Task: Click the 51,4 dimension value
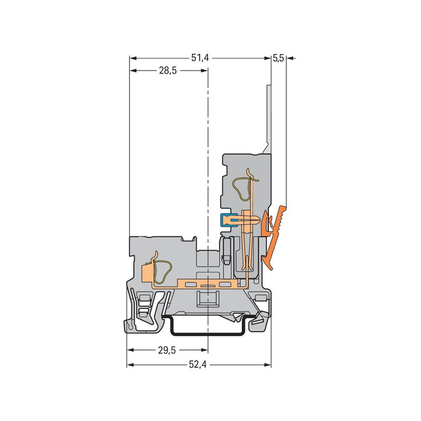(200, 58)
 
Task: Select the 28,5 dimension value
(168, 71)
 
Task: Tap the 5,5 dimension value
(278, 58)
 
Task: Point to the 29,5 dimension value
(167, 350)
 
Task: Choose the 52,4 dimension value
(198, 365)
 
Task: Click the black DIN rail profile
(208, 334)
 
